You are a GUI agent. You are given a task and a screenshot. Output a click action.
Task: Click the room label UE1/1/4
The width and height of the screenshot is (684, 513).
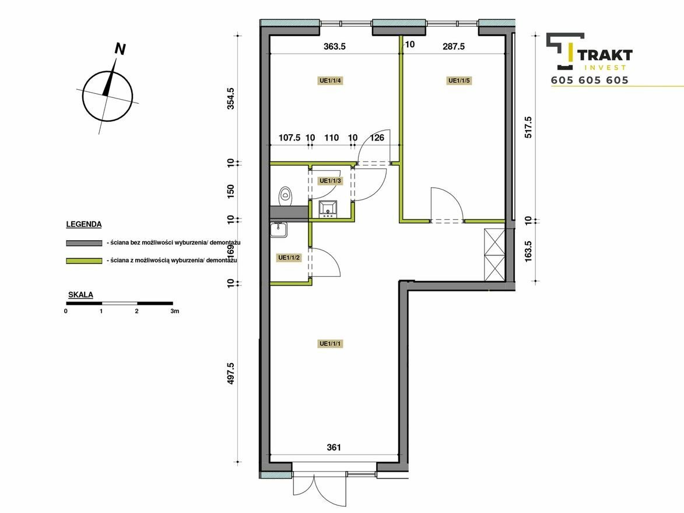(x=330, y=80)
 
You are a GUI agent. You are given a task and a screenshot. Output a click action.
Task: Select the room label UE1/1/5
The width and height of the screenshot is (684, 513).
(x=459, y=80)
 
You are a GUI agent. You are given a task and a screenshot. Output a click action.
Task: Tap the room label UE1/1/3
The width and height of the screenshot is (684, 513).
(x=330, y=181)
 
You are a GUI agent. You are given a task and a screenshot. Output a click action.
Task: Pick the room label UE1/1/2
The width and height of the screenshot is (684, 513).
(x=289, y=258)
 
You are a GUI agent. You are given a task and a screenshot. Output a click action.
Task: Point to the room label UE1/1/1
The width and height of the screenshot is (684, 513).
(x=331, y=344)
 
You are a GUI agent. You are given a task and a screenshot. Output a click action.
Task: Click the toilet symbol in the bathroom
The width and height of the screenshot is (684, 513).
(x=285, y=196)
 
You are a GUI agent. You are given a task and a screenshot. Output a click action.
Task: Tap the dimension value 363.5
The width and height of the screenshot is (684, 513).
(x=335, y=46)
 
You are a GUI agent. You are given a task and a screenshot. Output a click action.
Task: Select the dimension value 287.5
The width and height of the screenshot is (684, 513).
(x=454, y=46)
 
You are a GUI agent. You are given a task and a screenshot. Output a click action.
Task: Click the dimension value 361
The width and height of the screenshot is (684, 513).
(x=334, y=447)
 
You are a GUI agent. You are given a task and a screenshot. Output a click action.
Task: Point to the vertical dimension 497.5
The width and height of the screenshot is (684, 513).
(x=231, y=374)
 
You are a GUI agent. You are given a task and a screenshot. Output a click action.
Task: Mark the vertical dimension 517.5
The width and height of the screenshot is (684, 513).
(x=528, y=127)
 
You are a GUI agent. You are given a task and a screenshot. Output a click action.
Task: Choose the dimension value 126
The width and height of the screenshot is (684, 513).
(x=377, y=138)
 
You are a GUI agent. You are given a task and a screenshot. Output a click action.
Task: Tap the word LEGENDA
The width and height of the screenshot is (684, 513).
(x=84, y=224)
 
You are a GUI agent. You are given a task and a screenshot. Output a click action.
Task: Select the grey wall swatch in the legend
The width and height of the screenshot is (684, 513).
(x=84, y=243)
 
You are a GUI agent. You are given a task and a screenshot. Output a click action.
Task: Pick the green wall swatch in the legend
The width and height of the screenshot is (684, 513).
(x=84, y=261)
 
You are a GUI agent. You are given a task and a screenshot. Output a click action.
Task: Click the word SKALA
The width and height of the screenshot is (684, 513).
(x=80, y=295)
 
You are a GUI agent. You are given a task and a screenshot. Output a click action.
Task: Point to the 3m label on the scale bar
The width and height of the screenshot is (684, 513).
(x=174, y=311)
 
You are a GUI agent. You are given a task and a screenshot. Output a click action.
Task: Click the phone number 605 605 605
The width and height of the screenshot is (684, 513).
(x=590, y=80)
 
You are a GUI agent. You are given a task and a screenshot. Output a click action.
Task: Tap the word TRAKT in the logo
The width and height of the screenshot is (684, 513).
(x=605, y=55)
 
